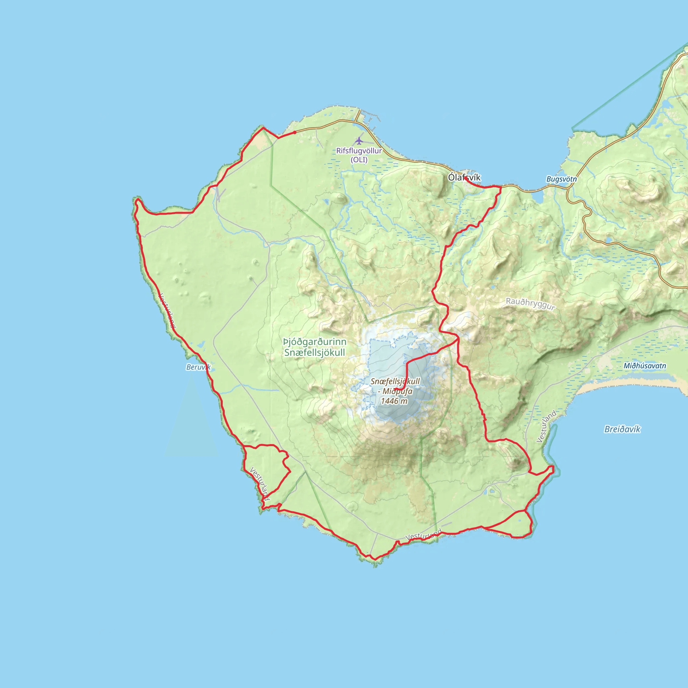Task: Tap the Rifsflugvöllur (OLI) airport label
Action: click(x=359, y=155)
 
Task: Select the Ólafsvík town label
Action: click(x=464, y=177)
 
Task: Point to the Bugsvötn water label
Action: click(x=562, y=179)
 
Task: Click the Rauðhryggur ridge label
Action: click(x=530, y=304)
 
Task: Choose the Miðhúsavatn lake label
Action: click(x=645, y=366)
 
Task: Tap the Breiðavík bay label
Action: click(x=622, y=429)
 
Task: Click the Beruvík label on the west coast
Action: click(x=198, y=367)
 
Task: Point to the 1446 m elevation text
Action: click(x=394, y=401)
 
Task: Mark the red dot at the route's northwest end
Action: click(x=295, y=132)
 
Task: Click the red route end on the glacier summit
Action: click(x=396, y=389)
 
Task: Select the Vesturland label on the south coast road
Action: click(x=423, y=535)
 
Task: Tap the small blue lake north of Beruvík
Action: click(x=200, y=344)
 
